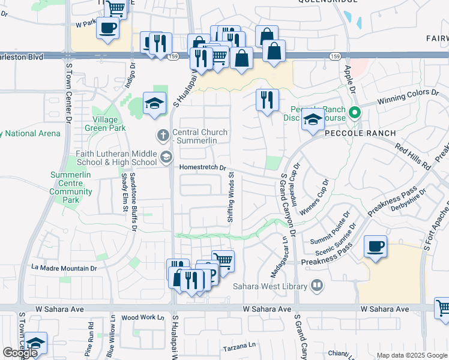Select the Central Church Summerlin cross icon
pos(163,136)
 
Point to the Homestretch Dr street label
pos(202,168)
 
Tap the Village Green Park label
pos(106,124)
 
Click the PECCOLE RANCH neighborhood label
pos(360,133)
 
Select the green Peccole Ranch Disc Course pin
pos(355,112)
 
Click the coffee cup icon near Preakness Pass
pos(376,246)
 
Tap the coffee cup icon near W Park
pos(107,28)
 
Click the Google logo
pos(20,353)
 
